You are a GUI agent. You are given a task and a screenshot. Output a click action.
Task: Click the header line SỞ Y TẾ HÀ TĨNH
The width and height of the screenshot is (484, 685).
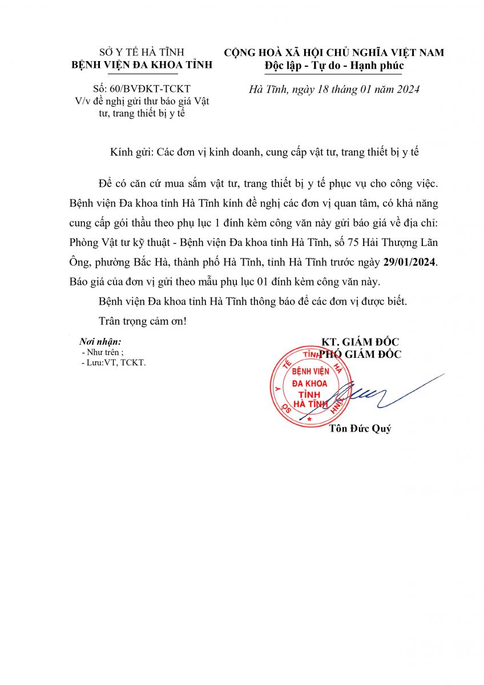pos(141,53)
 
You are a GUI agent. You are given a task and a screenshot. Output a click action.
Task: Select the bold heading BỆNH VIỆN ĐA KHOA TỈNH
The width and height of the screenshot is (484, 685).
pos(141,65)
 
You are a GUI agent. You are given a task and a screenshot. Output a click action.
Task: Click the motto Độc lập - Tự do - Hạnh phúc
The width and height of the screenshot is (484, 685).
pos(334,66)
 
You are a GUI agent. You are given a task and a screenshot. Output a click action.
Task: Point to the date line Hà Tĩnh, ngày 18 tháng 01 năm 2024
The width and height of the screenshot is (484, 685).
pos(334,90)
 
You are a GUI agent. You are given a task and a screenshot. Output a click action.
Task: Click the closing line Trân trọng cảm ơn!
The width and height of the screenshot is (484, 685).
pos(143,321)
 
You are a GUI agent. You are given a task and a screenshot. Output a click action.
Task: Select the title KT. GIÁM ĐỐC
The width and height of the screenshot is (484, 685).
pos(360,342)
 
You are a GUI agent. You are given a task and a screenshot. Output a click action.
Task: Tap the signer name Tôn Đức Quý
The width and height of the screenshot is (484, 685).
pos(360,429)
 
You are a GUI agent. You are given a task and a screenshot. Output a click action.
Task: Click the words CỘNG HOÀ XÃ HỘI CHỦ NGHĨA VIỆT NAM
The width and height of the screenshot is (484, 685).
pos(334,53)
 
